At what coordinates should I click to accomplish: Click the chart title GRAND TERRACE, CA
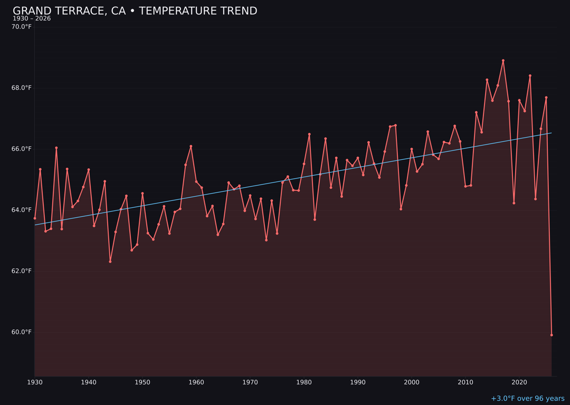(x=135, y=11)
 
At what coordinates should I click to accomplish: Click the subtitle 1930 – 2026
(x=32, y=19)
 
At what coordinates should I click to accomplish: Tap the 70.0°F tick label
(x=22, y=27)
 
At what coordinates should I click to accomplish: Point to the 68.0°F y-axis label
(x=22, y=88)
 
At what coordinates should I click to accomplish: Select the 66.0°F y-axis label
(x=22, y=149)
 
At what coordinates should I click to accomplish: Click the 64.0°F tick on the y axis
(x=22, y=210)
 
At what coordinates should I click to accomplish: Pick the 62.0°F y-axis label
(x=22, y=271)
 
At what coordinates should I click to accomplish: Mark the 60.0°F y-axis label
(x=22, y=332)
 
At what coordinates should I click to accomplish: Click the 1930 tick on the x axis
(x=35, y=382)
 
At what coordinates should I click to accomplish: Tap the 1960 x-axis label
(x=196, y=382)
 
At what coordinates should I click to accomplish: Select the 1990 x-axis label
(x=358, y=382)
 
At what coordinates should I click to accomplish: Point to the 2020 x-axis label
(x=519, y=382)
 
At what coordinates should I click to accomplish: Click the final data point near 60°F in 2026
(x=552, y=335)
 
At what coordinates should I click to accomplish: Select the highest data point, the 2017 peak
(x=503, y=61)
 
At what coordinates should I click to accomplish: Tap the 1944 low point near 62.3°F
(x=110, y=262)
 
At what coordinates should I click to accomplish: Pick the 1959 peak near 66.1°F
(x=191, y=146)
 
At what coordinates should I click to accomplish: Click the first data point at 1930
(x=35, y=218)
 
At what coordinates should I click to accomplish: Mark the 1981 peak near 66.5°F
(x=309, y=134)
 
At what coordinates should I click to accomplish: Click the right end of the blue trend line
(x=551, y=133)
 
